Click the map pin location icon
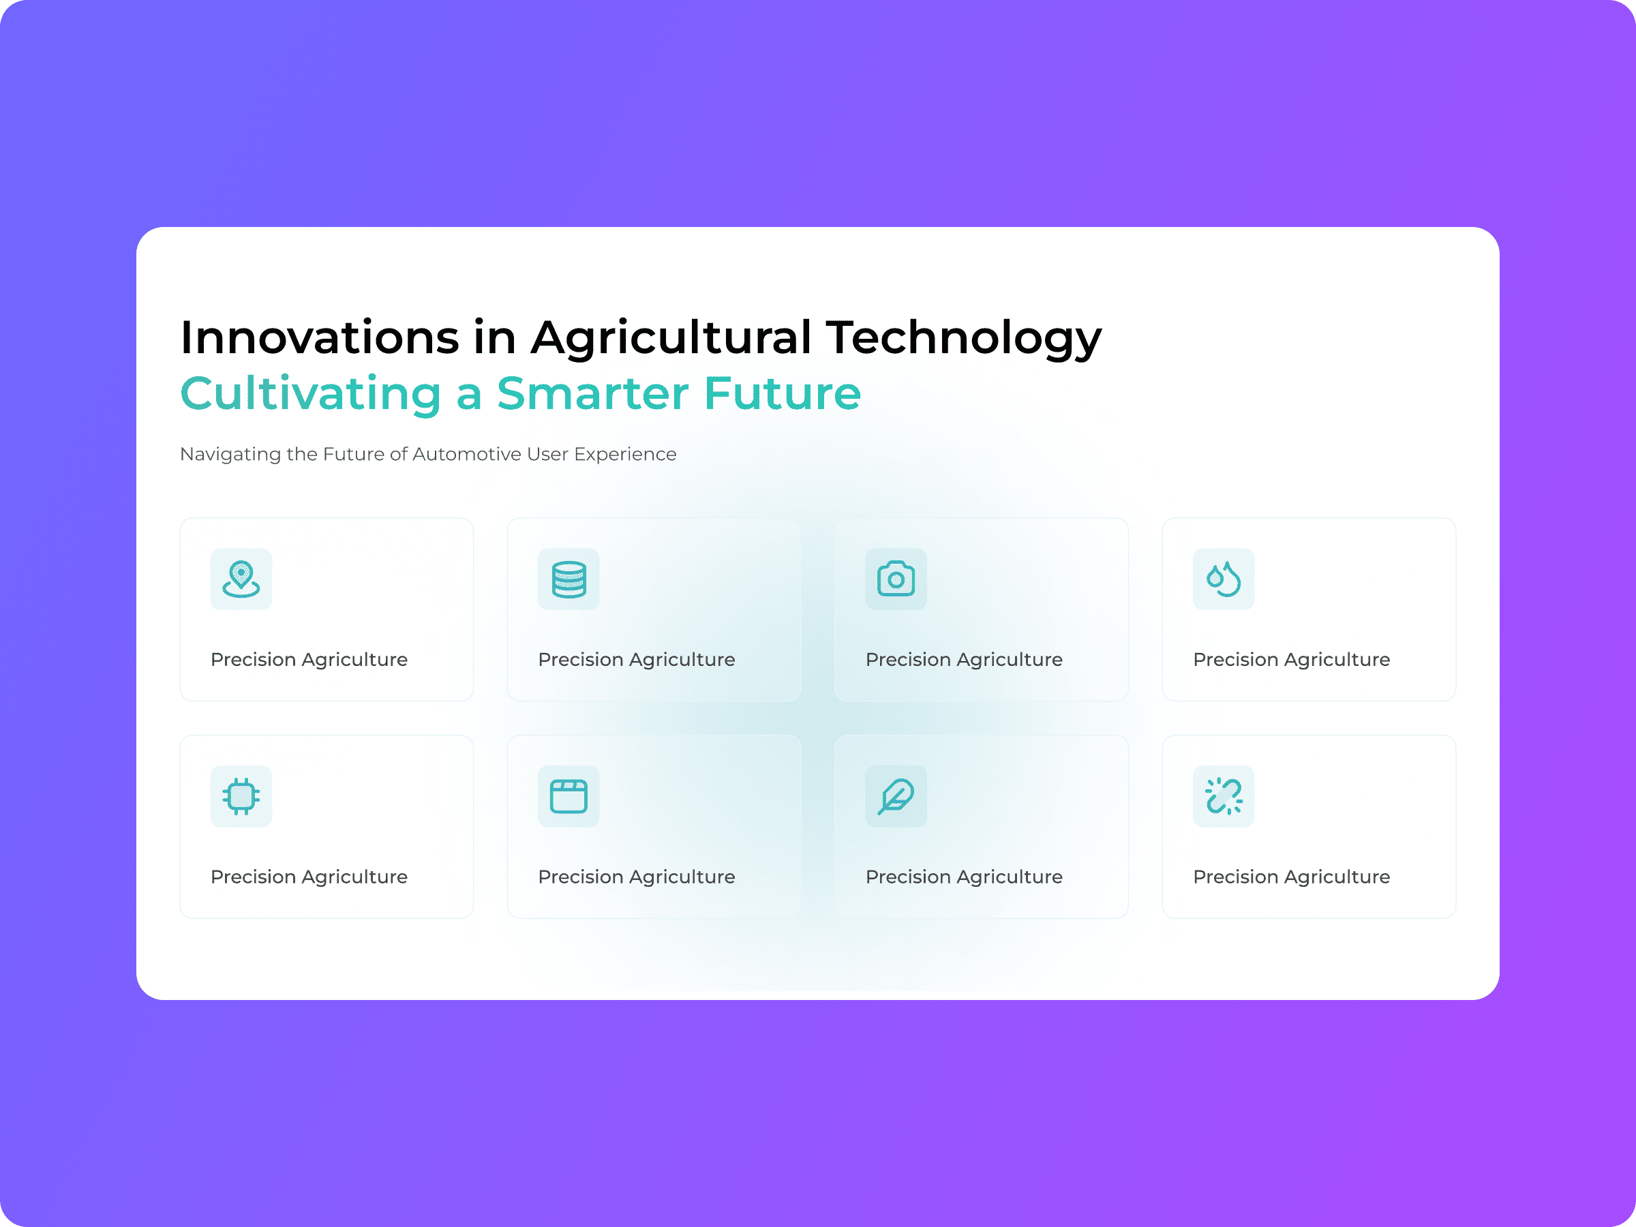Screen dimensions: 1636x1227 tap(241, 579)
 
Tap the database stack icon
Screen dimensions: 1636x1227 tap(569, 579)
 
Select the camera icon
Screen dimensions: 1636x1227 tap(896, 579)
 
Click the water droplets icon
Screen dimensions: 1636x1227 tap(1224, 579)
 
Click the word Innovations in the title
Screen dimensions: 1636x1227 tap(320, 337)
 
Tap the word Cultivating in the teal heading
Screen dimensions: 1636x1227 tap(311, 394)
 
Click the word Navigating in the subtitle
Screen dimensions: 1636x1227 tap(231, 455)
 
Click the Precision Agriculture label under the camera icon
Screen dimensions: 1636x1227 tap(964, 660)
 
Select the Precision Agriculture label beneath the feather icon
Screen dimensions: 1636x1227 tap(964, 877)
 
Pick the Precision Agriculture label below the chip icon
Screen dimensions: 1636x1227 tap(309, 877)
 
